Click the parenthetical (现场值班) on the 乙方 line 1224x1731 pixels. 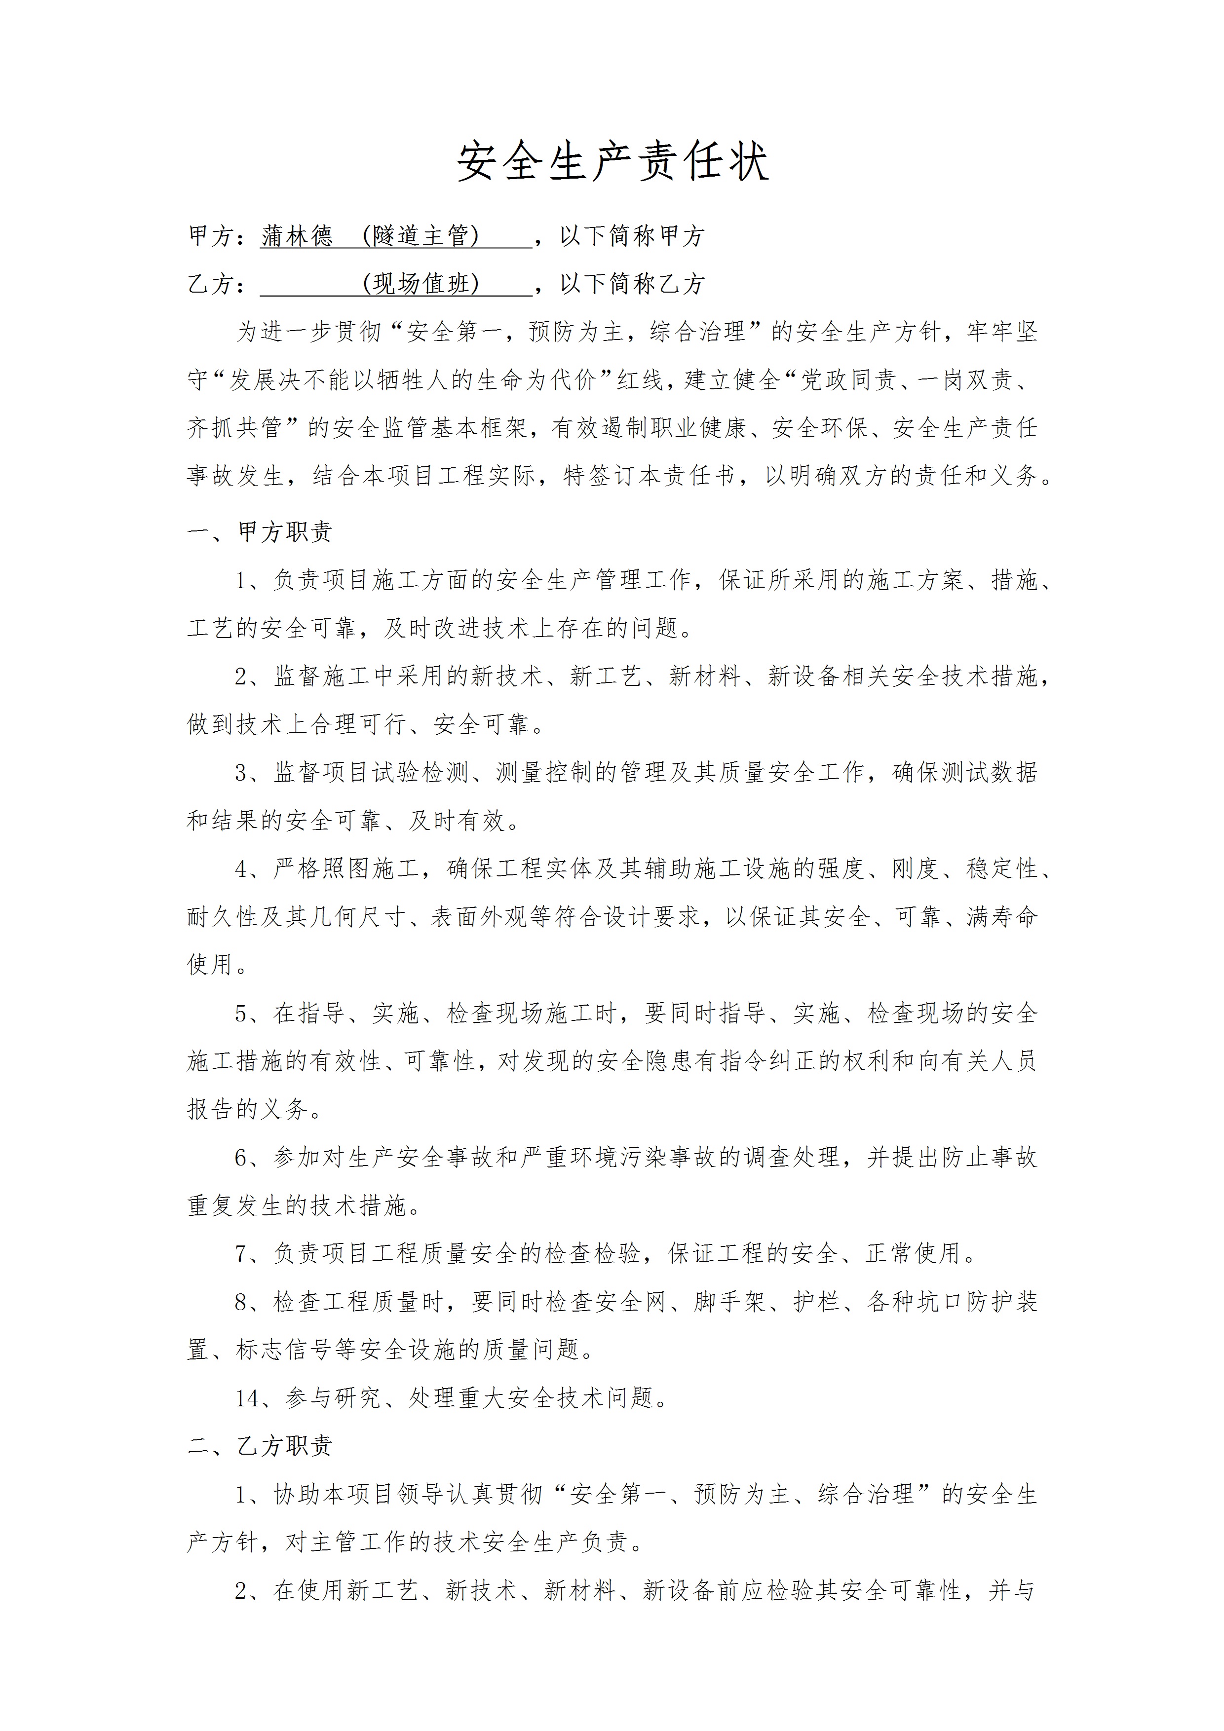tap(421, 284)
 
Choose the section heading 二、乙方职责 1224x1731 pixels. tap(260, 1446)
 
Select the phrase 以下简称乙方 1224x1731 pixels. tap(632, 284)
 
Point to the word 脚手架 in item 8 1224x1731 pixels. tap(729, 1302)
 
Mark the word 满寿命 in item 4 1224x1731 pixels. tap(1002, 917)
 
